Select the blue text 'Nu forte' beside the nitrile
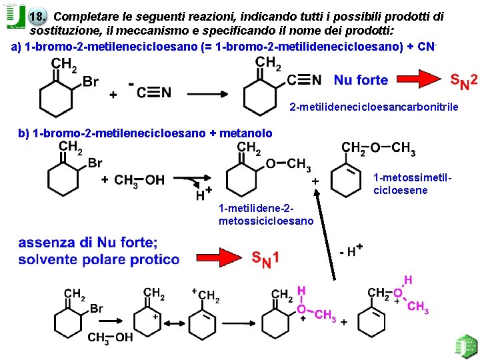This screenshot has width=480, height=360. [361, 81]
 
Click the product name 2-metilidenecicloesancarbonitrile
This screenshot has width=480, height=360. [374, 107]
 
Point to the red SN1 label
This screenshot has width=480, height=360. [265, 258]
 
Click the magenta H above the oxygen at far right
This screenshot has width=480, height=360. [407, 280]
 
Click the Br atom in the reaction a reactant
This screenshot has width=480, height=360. [91, 81]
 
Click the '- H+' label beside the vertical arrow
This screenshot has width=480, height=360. [351, 252]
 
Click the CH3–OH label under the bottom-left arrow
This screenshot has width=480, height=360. [111, 337]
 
